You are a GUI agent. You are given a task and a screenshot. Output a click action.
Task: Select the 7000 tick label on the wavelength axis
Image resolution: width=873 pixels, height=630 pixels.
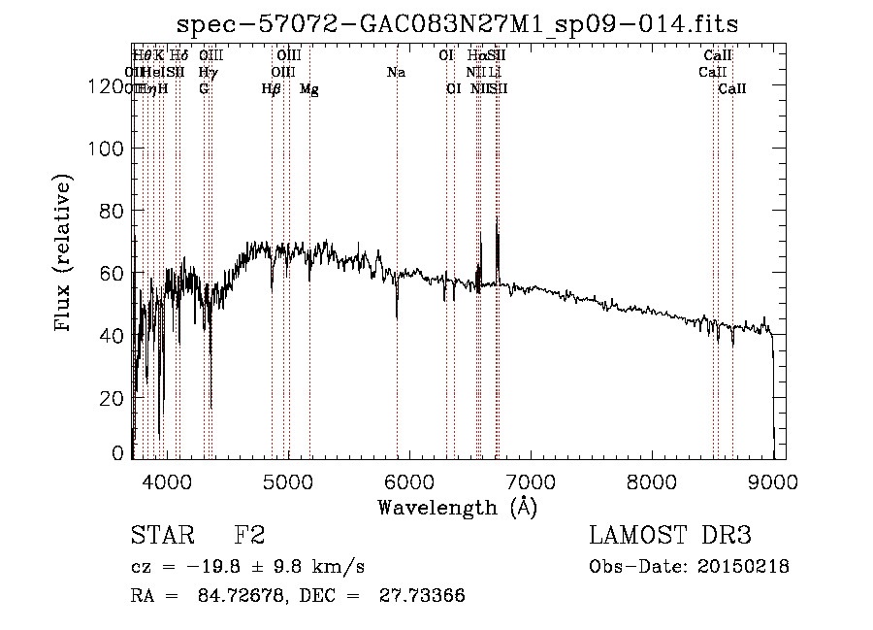pyautogui.click(x=530, y=481)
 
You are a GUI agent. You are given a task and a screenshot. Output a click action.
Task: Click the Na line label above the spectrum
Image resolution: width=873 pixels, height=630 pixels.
pyautogui.click(x=396, y=72)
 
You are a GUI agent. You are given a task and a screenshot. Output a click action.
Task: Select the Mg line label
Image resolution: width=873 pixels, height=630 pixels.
pyautogui.click(x=308, y=89)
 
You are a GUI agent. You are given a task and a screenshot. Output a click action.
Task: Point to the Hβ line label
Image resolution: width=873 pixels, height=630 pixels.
pyautogui.click(x=272, y=89)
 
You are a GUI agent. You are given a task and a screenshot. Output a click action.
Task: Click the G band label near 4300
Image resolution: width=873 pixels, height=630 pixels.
pyautogui.click(x=204, y=89)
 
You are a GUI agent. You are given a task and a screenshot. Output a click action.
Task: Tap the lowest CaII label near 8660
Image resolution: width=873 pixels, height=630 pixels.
pyautogui.click(x=732, y=89)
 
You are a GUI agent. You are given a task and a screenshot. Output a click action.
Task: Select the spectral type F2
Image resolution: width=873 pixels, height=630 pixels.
pyautogui.click(x=249, y=536)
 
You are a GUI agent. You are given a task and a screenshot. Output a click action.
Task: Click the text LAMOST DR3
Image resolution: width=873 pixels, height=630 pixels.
pyautogui.click(x=670, y=536)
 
